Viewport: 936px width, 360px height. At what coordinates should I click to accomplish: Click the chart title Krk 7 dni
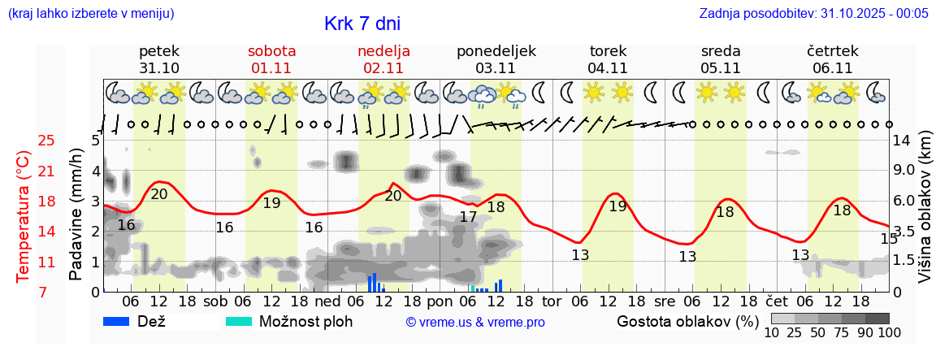(x=362, y=24)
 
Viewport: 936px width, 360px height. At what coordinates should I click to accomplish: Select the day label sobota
(x=271, y=51)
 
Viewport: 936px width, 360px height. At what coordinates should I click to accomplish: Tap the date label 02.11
(x=383, y=68)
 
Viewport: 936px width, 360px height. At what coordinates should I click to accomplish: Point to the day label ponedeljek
(x=496, y=51)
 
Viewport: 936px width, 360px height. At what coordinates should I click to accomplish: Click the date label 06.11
(x=832, y=68)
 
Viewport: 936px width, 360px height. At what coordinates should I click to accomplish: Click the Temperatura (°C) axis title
(x=24, y=217)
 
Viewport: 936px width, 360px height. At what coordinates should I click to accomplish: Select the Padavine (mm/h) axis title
(x=76, y=215)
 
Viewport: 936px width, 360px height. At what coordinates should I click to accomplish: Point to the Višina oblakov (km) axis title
(x=925, y=215)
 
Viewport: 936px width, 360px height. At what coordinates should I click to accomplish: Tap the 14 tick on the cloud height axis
(x=901, y=140)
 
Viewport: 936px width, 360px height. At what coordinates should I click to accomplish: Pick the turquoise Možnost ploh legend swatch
(x=239, y=322)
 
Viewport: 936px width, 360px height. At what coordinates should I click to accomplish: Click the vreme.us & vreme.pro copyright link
(x=475, y=323)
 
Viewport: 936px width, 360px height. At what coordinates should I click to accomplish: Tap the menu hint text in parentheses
(x=90, y=14)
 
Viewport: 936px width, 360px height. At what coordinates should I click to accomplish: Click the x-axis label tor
(x=552, y=301)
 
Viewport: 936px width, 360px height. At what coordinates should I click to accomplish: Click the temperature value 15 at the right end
(x=889, y=238)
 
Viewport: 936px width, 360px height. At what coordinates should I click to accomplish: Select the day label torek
(x=609, y=51)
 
